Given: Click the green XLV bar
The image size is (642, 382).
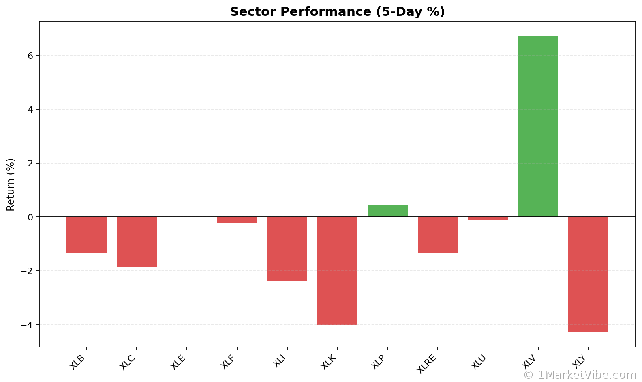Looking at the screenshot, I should pos(538,126).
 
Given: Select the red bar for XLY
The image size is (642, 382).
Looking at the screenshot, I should pos(588,274).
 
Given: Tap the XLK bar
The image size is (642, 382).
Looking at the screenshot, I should pos(337,271).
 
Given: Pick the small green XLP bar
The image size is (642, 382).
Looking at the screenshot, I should pos(387,211).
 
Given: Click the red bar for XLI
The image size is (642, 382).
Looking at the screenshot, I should pos(287,249).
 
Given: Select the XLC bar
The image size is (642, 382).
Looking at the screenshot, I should pos(137,242).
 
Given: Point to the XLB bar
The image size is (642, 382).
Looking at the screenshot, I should pos(86,235).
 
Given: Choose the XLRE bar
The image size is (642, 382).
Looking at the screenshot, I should pos(438,235).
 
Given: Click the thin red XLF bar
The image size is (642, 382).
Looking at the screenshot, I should pos(237,220).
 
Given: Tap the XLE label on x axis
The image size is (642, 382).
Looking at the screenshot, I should pos(178,362).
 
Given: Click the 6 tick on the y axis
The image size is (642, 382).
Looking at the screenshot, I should pos(30,56).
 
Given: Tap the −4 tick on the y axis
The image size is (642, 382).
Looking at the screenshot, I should pos(28,325).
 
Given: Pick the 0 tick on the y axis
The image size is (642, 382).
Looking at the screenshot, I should pos(30,217).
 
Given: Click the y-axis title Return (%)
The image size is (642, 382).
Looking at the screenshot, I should pos(11,185).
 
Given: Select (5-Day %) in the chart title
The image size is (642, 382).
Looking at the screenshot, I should pos(410,12).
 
